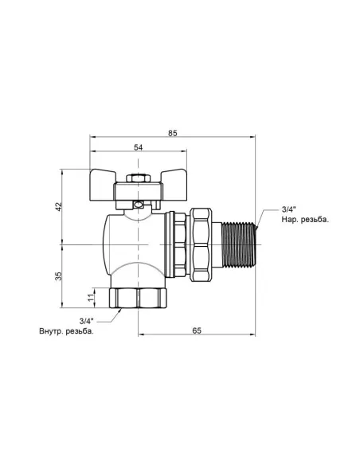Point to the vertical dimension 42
[x=58, y=206]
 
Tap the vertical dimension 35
[x=58, y=275]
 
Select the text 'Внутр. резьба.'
[x=66, y=330]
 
